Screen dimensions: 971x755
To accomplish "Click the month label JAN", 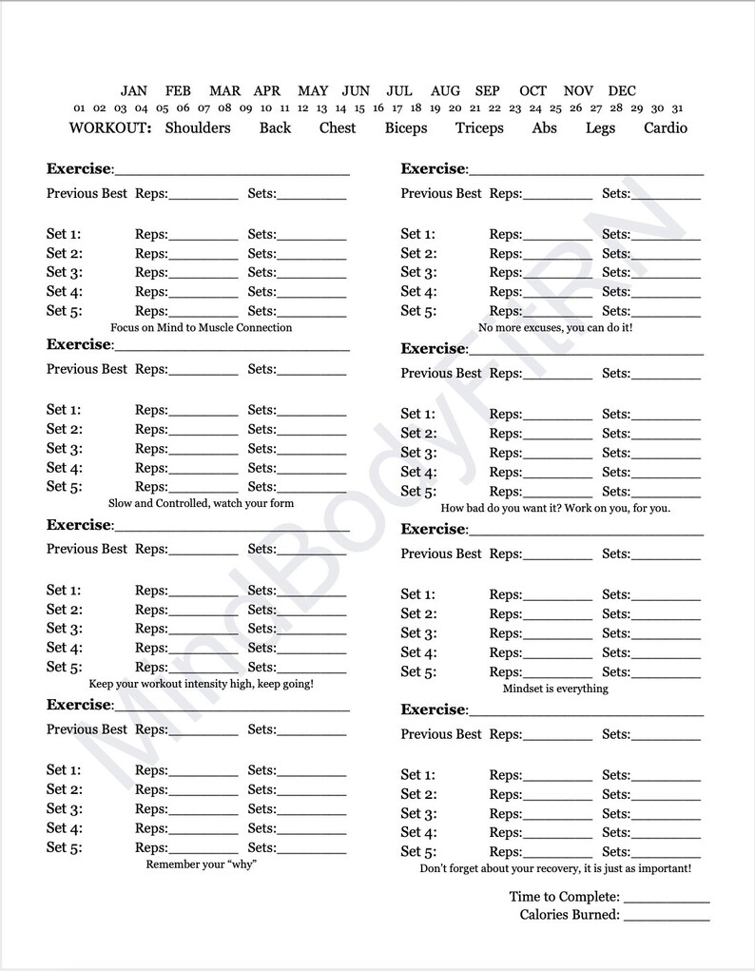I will [x=134, y=91].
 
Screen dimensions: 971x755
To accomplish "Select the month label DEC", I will [x=622, y=91].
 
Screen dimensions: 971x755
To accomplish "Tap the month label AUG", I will [x=445, y=91].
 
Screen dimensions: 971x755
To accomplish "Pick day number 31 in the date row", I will [x=676, y=108].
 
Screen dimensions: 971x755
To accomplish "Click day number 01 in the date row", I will [x=79, y=108].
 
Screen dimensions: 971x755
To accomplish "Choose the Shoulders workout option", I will [x=198, y=127].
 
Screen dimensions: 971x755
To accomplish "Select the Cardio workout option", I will [x=665, y=127].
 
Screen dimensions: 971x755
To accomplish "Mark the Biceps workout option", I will [x=406, y=127].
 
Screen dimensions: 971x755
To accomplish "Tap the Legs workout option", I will [x=600, y=127].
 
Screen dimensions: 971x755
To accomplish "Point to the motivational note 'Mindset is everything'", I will [x=555, y=689].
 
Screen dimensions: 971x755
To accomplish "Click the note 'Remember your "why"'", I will [x=202, y=864].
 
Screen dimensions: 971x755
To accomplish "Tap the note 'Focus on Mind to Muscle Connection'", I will [x=202, y=327].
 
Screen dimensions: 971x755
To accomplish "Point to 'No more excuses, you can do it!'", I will [x=555, y=327].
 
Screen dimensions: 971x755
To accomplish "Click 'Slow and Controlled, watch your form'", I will [x=202, y=503].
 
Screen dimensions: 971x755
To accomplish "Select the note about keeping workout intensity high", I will [x=202, y=684].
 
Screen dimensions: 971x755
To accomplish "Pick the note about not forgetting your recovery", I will [x=555, y=868].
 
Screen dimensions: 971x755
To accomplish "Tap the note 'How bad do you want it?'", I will [x=555, y=508].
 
